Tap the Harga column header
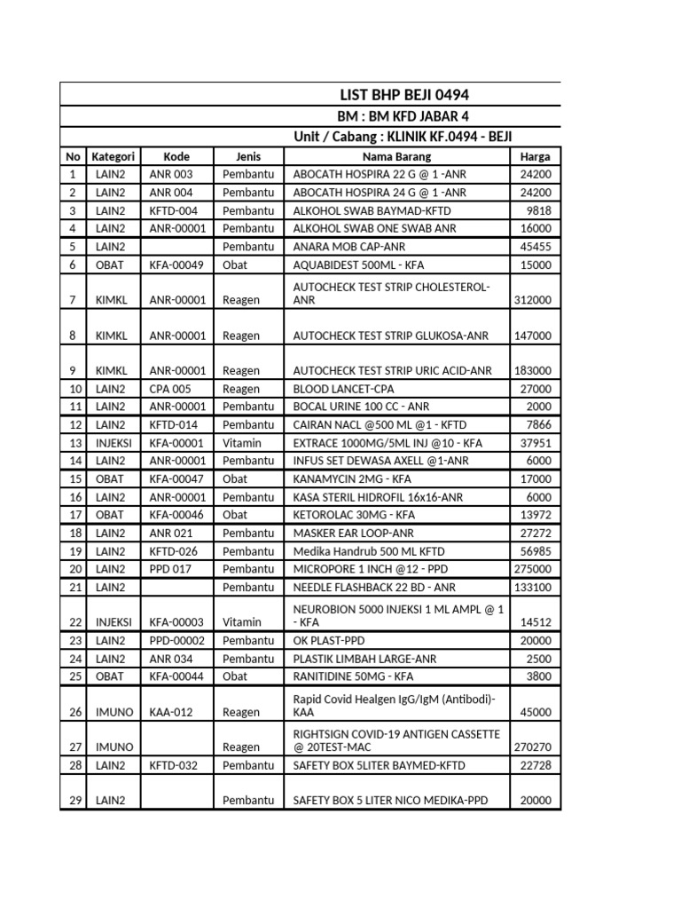[535, 156]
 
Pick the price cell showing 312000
[533, 300]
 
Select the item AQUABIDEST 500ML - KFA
[358, 265]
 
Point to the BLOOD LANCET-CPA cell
[344, 389]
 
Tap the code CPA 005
[170, 389]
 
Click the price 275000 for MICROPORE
[533, 569]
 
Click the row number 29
[74, 800]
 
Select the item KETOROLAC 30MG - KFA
[354, 515]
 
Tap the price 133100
[533, 587]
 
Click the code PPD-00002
[177, 640]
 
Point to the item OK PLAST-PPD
[329, 640]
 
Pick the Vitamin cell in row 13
[242, 443]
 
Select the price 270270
[533, 747]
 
